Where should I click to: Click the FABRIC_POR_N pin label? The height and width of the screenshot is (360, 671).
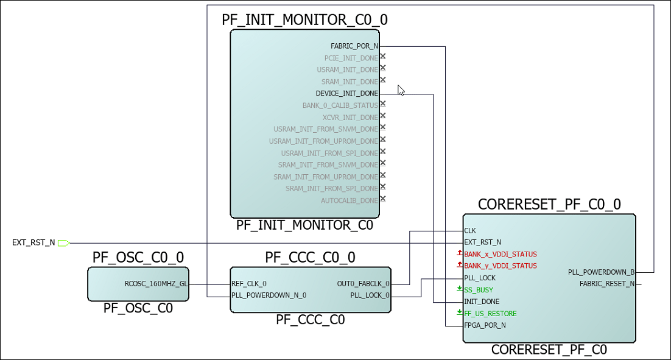(x=354, y=46)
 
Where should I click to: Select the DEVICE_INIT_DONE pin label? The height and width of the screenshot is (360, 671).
(x=347, y=94)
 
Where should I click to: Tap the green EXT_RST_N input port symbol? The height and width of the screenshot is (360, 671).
(x=64, y=243)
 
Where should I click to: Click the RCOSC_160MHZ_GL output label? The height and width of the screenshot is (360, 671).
(x=156, y=284)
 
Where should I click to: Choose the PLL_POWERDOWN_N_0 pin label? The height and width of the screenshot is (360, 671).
(x=269, y=295)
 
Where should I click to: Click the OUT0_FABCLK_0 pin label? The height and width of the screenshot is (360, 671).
(x=364, y=284)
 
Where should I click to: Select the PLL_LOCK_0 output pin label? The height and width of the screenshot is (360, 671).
(x=370, y=295)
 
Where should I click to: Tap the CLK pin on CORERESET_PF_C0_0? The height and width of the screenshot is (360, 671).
(x=470, y=231)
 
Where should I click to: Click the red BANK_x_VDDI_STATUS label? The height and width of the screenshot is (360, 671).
(x=501, y=254)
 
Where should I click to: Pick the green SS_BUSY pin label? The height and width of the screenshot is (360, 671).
(x=479, y=290)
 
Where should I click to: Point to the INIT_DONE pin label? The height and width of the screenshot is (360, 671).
(x=482, y=302)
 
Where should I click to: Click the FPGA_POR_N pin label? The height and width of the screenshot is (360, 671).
(x=485, y=325)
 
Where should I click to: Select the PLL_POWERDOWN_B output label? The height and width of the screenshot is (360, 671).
(x=601, y=272)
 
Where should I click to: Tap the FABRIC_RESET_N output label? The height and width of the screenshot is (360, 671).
(x=606, y=284)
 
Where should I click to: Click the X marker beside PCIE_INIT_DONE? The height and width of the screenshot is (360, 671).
(x=382, y=56)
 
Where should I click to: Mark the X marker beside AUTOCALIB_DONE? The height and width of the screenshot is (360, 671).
(x=382, y=199)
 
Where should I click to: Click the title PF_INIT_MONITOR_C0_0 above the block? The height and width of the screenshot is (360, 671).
(x=304, y=20)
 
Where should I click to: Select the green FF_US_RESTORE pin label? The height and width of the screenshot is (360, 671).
(x=490, y=314)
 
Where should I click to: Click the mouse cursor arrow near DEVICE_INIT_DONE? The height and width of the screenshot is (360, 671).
(x=401, y=90)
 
